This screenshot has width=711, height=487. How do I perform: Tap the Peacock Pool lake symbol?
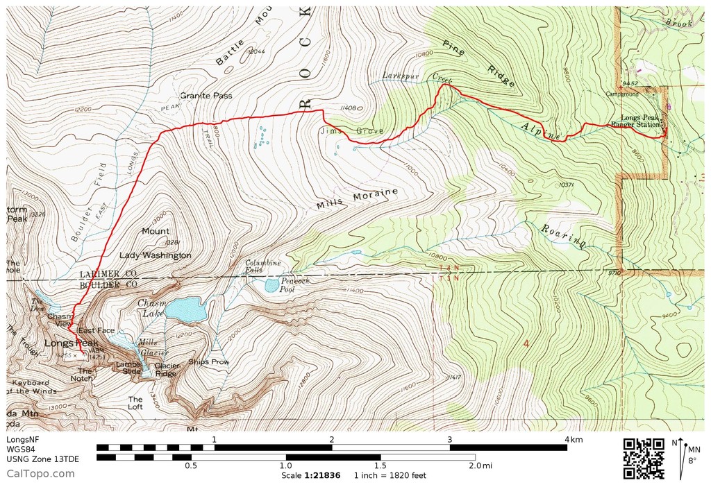click(271, 284)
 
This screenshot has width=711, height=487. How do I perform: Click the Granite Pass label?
click(206, 96)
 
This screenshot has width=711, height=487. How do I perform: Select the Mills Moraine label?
click(357, 198)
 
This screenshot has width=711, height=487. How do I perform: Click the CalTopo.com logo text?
click(40, 474)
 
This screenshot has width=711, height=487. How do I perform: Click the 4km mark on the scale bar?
click(572, 440)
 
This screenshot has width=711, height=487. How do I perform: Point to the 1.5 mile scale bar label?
click(380, 465)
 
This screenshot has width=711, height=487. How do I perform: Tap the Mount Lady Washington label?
click(156, 243)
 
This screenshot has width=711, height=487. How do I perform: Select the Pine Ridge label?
click(479, 62)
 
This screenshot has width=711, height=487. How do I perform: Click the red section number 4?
click(526, 344)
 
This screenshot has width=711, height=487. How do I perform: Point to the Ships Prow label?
click(213, 361)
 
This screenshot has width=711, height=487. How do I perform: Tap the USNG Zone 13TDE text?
click(33, 458)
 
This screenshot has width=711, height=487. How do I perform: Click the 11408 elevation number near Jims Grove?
click(349, 108)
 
